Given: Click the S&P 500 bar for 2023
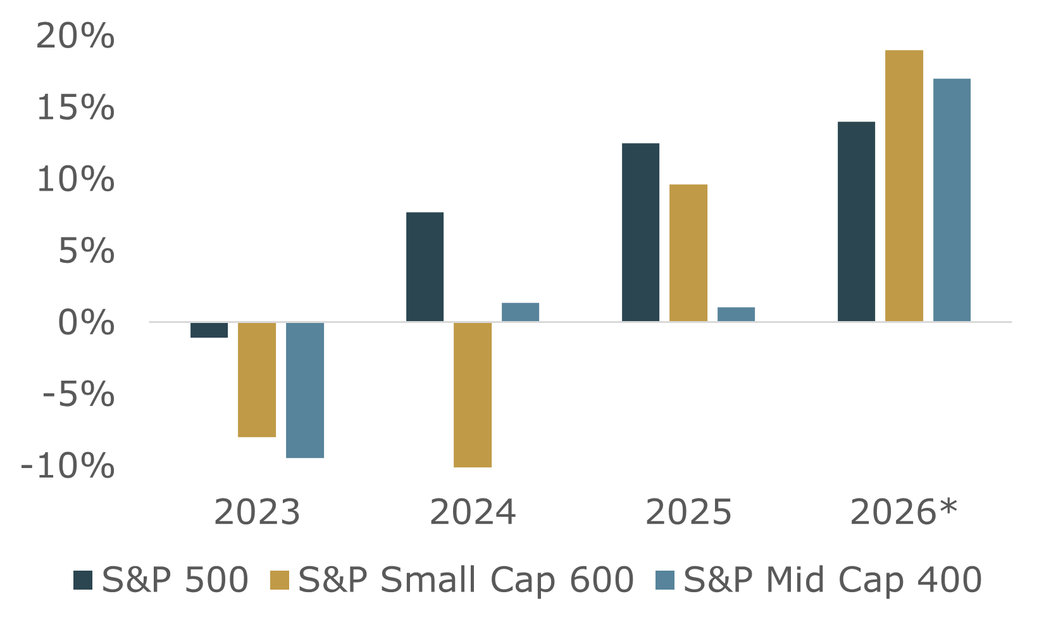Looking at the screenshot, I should pos(209,330).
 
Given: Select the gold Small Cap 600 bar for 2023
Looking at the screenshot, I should pos(257,379).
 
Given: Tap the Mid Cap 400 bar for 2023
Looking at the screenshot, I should pos(305,390).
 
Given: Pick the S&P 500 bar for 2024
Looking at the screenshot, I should pos(425,267).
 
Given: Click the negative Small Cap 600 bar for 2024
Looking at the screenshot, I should pos(473,395).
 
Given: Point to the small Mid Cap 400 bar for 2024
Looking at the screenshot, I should pos(521,312).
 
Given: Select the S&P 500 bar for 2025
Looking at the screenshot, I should pos(641,232).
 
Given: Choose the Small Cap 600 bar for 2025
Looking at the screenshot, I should pos(688,253).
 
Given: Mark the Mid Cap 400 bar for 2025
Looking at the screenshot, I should pos(736,314).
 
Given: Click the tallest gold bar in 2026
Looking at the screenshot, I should pos(904,186).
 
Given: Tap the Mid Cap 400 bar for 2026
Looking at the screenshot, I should pos(952,200).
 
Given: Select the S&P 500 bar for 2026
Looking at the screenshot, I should pos(857,222).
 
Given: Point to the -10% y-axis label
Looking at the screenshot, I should pos(68,467).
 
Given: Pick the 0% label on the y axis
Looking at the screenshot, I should pos(86,323).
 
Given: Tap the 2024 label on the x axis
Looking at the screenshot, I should pos(473,512).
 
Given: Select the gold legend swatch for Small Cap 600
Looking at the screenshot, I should pos(280,580).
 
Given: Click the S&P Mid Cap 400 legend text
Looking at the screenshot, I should pos(832,580).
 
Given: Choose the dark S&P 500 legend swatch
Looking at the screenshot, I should pos(83,580).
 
